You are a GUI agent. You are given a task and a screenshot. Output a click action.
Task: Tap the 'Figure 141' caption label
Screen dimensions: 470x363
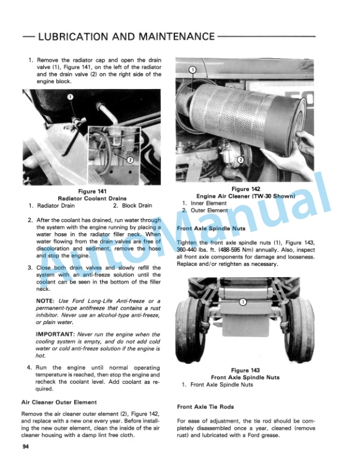[92, 191]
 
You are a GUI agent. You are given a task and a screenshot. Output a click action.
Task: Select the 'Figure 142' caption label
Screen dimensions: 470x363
[246, 189]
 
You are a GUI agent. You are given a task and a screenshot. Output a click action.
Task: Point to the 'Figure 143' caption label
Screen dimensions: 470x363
[246, 370]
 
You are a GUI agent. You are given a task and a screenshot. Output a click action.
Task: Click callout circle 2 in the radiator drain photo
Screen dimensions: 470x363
[131, 159]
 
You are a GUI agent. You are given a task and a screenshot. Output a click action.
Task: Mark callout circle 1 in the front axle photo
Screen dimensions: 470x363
[243, 303]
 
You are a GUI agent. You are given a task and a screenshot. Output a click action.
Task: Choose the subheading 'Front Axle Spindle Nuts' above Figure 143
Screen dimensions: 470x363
[211, 228]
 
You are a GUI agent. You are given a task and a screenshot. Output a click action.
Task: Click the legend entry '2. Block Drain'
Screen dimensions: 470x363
[132, 205]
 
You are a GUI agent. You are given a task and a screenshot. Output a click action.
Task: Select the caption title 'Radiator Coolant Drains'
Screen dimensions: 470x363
[92, 198]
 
